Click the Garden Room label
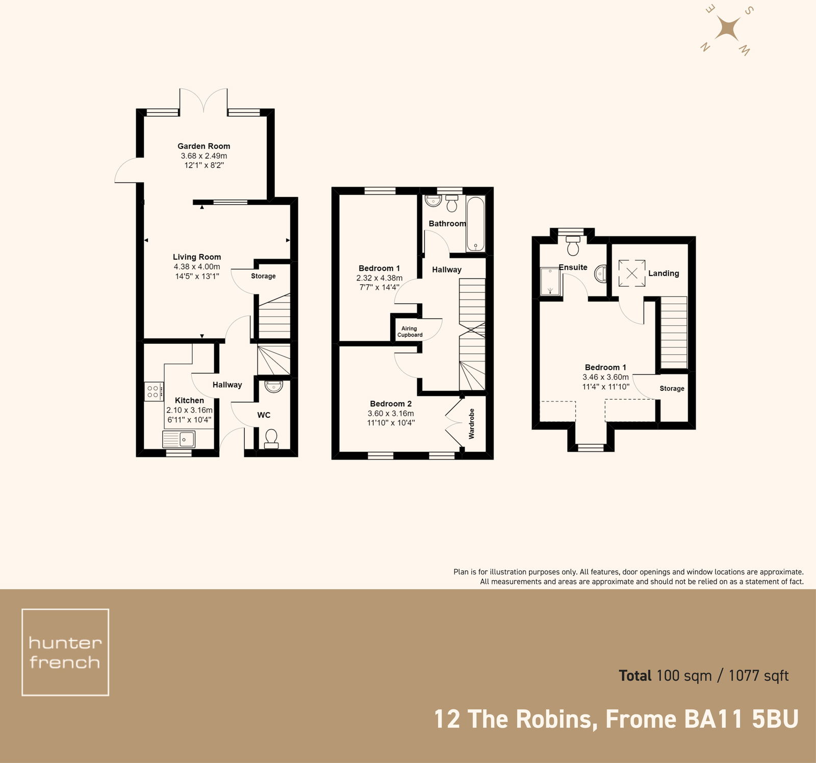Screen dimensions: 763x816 point(203,146)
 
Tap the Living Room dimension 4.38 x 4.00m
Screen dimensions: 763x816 point(197,267)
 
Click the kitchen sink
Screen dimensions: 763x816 point(178,439)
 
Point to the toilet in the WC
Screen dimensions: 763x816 point(271,438)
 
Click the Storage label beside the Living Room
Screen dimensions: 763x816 point(263,276)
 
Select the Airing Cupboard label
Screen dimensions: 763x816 point(410,332)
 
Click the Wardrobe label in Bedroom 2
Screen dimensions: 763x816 point(471,423)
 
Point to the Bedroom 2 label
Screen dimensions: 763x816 point(391,403)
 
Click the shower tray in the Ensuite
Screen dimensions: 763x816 point(550,282)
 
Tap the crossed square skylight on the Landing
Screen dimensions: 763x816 point(631,273)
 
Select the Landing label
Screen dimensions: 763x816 point(664,273)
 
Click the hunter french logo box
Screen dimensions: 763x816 point(65,652)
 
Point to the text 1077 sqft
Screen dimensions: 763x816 point(758,676)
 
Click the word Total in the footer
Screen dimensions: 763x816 point(635,676)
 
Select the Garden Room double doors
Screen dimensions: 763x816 point(203,100)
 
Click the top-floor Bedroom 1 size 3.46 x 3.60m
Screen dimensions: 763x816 point(605,377)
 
